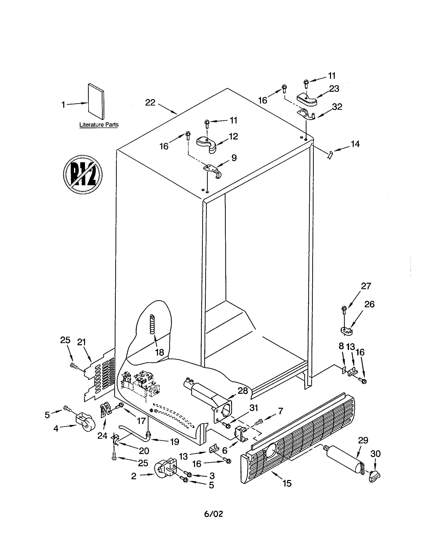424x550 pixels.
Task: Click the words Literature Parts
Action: pos(99,125)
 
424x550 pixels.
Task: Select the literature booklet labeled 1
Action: pos(96,101)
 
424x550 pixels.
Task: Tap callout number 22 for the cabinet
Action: pos(150,102)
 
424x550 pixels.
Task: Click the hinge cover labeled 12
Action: pos(206,144)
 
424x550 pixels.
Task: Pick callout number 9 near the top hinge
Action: pos(234,158)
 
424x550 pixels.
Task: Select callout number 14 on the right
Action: pos(355,144)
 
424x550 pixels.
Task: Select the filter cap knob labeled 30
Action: pos(374,477)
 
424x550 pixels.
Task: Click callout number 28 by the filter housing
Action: pos(243,390)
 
